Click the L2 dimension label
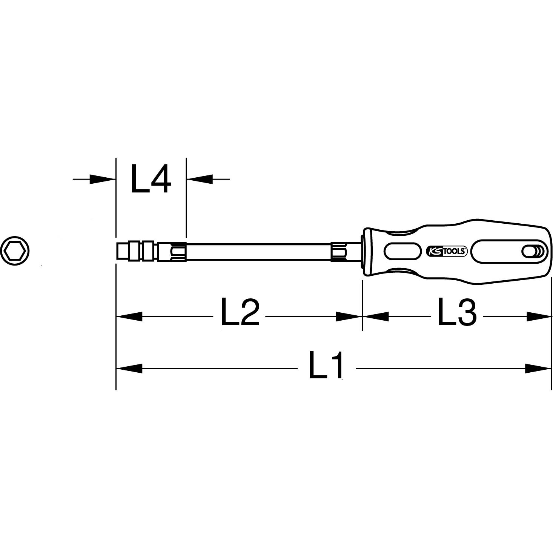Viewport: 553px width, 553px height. click(240, 312)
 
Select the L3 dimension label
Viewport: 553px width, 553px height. click(457, 312)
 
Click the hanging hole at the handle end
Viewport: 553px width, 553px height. click(530, 251)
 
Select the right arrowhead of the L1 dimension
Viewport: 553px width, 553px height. click(539, 368)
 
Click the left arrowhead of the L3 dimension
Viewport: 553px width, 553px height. click(376, 316)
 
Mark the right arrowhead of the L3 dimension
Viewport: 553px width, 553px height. click(539, 316)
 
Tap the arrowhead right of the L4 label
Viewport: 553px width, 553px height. click(200, 179)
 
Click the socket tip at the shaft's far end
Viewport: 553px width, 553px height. click(123, 251)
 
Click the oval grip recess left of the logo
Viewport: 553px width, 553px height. click(402, 251)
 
